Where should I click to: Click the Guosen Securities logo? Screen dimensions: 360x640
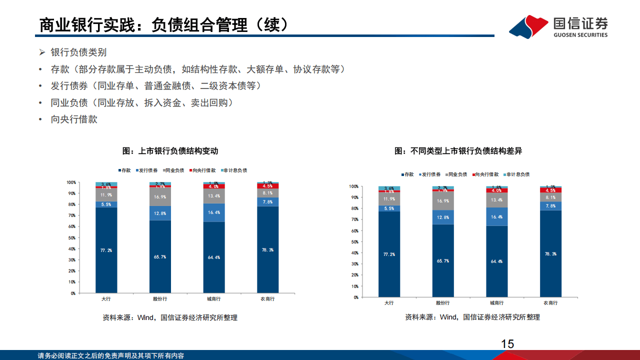pyautogui.click(x=559, y=26)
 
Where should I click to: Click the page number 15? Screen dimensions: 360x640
pyautogui.click(x=507, y=343)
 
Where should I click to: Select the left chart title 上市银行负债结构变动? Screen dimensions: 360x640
pyautogui.click(x=170, y=150)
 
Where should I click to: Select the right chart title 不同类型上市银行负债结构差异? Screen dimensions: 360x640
pyautogui.click(x=458, y=150)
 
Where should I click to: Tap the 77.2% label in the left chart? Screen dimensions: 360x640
pyautogui.click(x=106, y=249)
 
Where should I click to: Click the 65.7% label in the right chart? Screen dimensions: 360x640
pyautogui.click(x=443, y=260)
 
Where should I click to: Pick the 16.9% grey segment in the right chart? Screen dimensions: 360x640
pyautogui.click(x=443, y=201)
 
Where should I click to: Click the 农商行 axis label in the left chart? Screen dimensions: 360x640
pyautogui.click(x=267, y=299)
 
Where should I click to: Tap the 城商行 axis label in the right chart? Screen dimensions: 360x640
pyautogui.click(x=497, y=303)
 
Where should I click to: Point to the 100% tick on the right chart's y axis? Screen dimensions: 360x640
pyautogui.click(x=353, y=186)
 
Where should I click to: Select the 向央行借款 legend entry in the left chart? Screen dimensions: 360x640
pyautogui.click(x=204, y=170)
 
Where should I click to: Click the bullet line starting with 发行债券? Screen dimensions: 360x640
pyautogui.click(x=155, y=86)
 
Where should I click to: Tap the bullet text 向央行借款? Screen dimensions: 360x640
pyautogui.click(x=74, y=119)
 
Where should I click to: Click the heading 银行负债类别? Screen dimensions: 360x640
pyautogui.click(x=78, y=52)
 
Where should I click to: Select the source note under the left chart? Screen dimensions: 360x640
pyautogui.click(x=170, y=317)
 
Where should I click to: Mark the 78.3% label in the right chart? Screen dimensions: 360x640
pyautogui.click(x=550, y=254)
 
